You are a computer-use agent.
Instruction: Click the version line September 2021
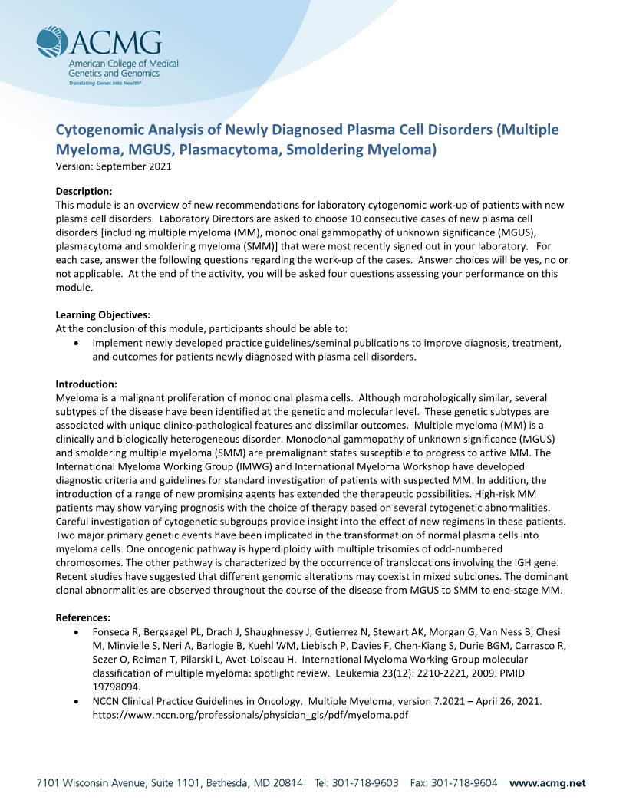pos(114,166)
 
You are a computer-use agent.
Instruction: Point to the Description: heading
pos(84,191)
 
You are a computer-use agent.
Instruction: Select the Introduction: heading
pos(87,384)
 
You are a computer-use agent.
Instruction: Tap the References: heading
pos(84,617)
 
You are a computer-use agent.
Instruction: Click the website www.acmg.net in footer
pos(547,782)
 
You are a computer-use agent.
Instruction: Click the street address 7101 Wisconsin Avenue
pos(97,782)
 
